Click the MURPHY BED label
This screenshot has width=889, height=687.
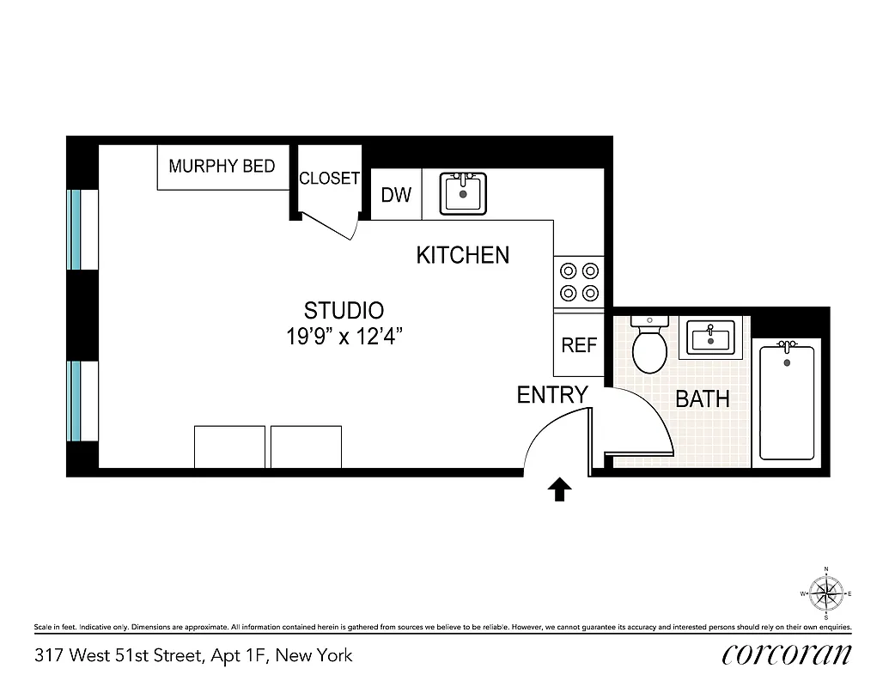222,166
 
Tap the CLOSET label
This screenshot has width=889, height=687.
329,179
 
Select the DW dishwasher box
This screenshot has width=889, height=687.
396,195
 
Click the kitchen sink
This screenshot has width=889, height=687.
463,193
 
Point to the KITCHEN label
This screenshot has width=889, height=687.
462,255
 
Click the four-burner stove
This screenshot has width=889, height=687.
579,283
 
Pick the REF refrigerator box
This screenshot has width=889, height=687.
579,344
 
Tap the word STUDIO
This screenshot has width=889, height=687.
344,310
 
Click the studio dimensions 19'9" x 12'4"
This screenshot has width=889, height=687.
344,337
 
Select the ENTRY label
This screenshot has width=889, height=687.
551,395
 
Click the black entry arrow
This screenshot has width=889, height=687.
559,489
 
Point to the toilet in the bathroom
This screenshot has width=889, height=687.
649,344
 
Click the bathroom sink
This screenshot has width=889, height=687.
709,337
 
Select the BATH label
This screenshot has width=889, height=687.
702,399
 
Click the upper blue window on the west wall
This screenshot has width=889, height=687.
76,229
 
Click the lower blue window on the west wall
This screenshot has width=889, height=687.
76,401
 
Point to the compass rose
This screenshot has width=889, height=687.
825,593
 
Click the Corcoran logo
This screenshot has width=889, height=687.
787,654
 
